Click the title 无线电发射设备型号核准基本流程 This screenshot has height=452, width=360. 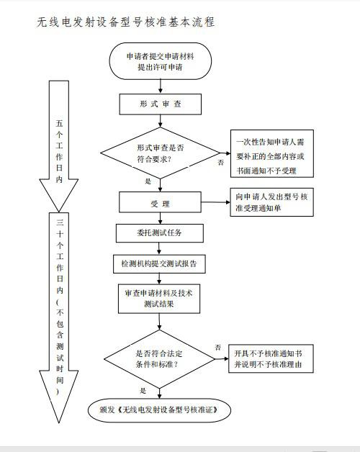pos(126,22)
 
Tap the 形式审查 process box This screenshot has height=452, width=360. pos(161,104)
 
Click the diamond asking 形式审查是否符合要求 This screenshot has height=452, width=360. pos(160,153)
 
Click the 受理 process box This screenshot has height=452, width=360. pos(160,204)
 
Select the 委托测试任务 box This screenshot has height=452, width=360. pos(160,233)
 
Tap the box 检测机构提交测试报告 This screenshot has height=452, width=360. pos(159,264)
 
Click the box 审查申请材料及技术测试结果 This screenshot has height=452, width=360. pos(160,299)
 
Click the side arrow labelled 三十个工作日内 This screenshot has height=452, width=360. pos(60,317)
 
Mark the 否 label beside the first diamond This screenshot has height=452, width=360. pos(220,163)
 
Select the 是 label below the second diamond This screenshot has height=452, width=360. pos(143,391)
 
